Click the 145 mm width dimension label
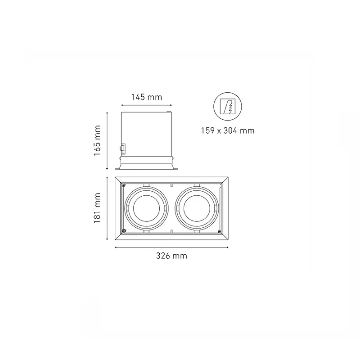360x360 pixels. pyautogui.click(x=147, y=97)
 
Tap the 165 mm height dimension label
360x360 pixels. pyautogui.click(x=97, y=140)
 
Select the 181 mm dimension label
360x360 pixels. pyautogui.click(x=97, y=208)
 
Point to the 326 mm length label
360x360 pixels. pyautogui.click(x=171, y=256)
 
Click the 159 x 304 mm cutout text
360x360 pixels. pyautogui.click(x=228, y=130)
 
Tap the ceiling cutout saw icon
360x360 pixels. pyautogui.click(x=228, y=107)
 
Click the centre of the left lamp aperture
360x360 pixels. pyautogui.click(x=146, y=208)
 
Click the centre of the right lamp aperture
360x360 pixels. pyautogui.click(x=197, y=208)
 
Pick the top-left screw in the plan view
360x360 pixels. pyautogui.click(x=124, y=184)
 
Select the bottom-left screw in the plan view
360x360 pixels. pyautogui.click(x=124, y=231)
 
